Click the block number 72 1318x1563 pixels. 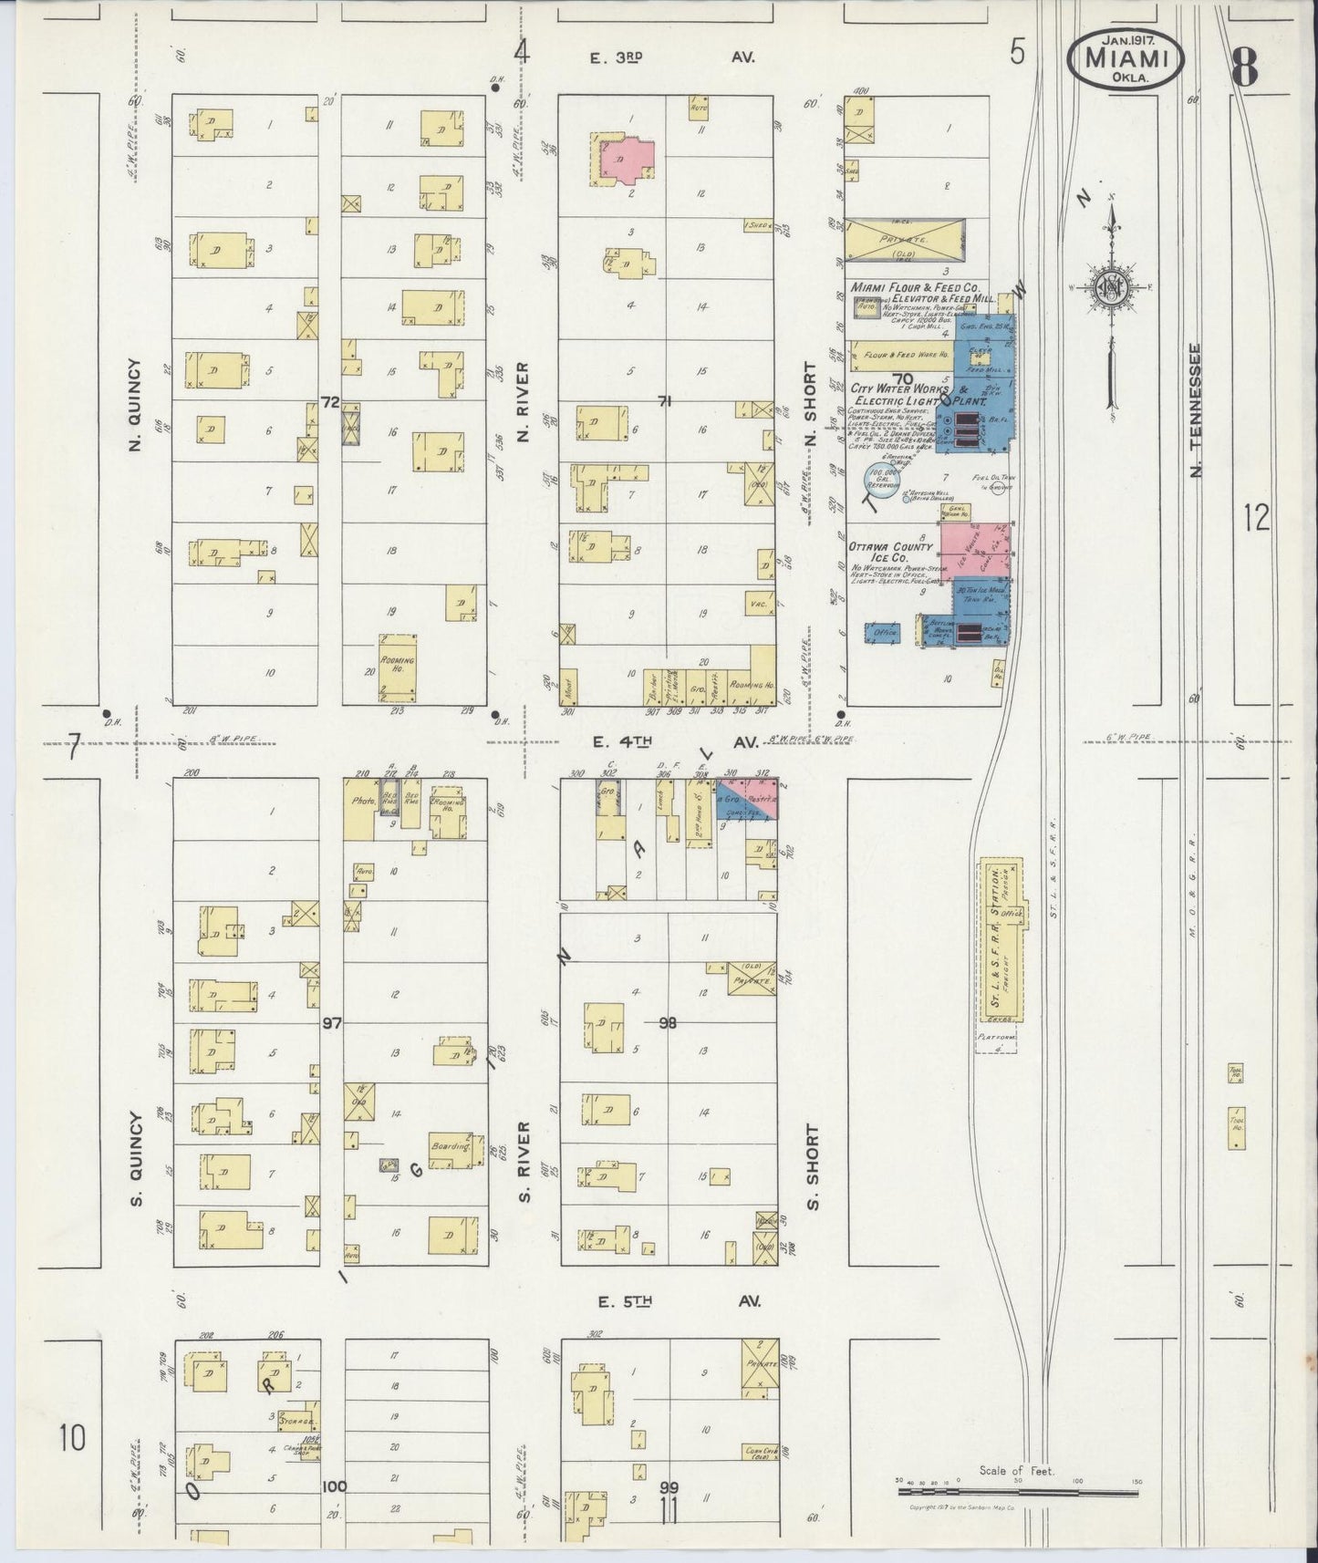coord(330,402)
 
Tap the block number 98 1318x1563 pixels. coord(668,1022)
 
